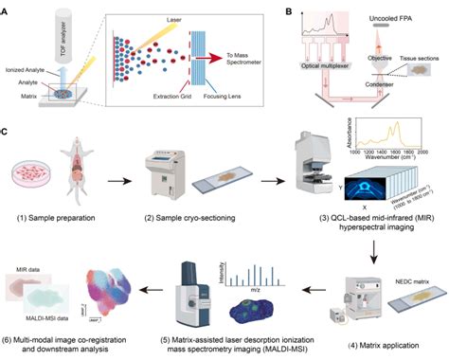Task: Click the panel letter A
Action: point(6,7)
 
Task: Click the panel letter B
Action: point(286,7)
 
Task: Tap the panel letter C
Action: point(6,121)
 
